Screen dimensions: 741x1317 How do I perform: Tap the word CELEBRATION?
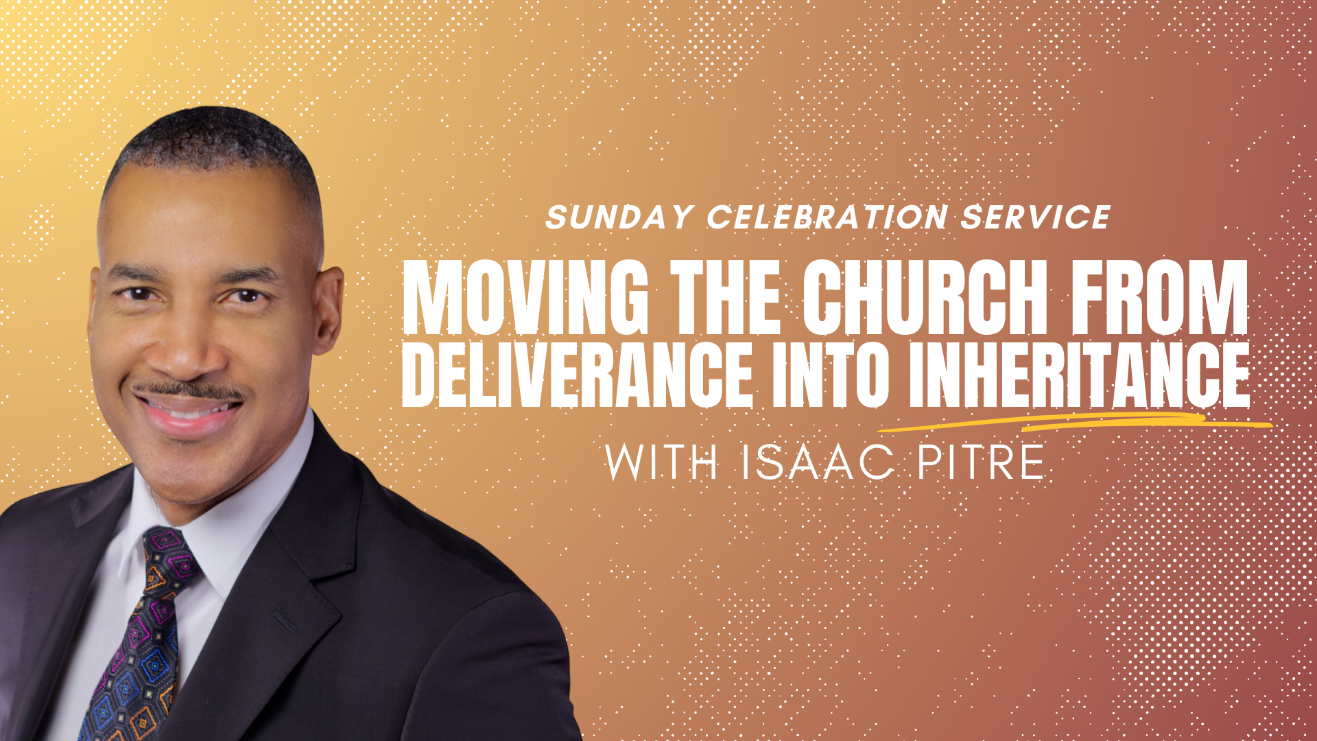pyautogui.click(x=827, y=217)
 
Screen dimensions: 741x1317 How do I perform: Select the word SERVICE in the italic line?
pyautogui.click(x=1035, y=217)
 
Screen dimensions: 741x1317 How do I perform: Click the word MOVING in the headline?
pyautogui.click(x=525, y=298)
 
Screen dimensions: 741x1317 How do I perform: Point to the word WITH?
pyautogui.click(x=661, y=462)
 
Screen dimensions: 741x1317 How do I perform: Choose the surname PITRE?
pyautogui.click(x=981, y=462)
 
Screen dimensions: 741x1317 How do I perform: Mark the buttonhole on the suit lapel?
pyautogui.click(x=285, y=622)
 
